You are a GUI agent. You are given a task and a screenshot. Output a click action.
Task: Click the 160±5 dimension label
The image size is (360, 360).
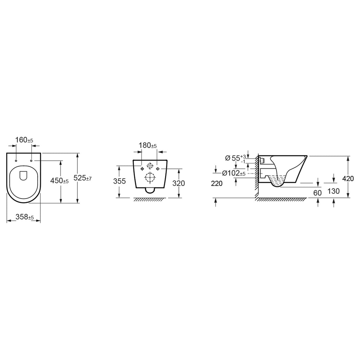pyautogui.click(x=24, y=140)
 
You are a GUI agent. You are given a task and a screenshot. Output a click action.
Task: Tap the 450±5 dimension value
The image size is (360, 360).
pyautogui.click(x=59, y=181)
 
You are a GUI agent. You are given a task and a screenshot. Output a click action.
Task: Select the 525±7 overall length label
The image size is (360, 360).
pyautogui.click(x=82, y=178)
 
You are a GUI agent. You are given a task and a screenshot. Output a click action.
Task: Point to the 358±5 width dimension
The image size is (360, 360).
pyautogui.click(x=25, y=217)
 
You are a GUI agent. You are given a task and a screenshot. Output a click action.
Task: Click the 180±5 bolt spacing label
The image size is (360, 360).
pyautogui.click(x=148, y=145)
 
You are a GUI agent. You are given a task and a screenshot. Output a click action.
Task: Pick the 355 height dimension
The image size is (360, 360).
pyautogui.click(x=120, y=181)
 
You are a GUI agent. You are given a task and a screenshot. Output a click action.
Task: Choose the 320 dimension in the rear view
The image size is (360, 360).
pyautogui.click(x=179, y=183)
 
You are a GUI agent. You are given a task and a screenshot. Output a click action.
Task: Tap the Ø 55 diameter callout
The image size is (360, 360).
pyautogui.click(x=236, y=158)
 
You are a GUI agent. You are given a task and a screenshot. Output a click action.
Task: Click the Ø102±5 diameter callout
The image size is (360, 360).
pyautogui.click(x=234, y=173)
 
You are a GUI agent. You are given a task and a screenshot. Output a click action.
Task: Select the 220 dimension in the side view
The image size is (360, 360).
pyautogui.click(x=217, y=184)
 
